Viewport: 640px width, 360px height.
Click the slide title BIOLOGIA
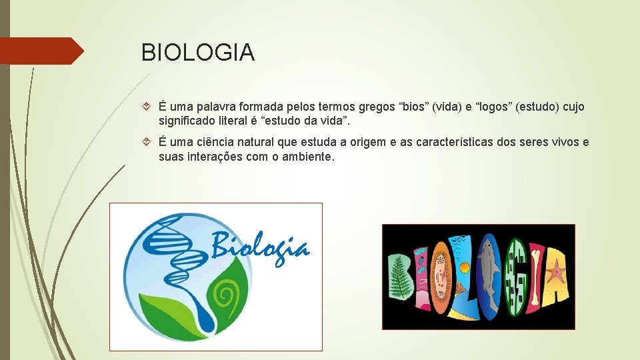point(198,52)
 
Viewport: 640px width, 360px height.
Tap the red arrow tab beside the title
point(41,51)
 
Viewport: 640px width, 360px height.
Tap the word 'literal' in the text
point(238,121)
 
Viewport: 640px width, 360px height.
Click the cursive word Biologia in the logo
point(261,247)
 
